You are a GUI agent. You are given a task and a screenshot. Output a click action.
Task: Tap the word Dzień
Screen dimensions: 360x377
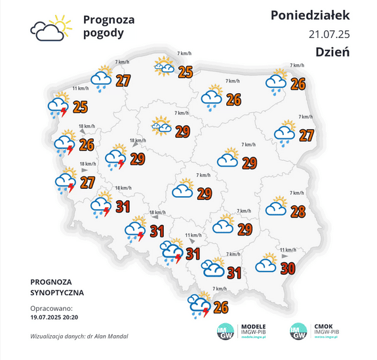coord(332,52)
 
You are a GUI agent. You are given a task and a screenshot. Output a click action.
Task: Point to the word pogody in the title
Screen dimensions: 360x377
coord(103,34)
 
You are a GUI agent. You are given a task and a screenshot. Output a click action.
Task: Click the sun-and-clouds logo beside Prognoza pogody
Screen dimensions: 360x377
coord(50,28)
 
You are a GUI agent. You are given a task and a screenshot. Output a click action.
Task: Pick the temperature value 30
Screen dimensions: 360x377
coord(287,268)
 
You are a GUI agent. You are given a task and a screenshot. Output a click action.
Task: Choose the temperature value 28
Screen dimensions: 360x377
coord(298,212)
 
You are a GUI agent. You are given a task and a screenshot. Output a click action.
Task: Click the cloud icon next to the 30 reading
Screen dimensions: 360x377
coord(266,264)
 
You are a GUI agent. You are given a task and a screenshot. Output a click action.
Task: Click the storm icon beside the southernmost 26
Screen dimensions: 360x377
coord(199,305)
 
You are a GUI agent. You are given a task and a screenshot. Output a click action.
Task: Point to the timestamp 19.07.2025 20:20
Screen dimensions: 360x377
coord(54,316)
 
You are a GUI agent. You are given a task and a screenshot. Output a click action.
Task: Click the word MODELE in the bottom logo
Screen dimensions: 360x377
coord(254,326)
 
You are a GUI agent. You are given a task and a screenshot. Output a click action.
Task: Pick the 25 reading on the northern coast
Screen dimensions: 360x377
coord(186,71)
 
